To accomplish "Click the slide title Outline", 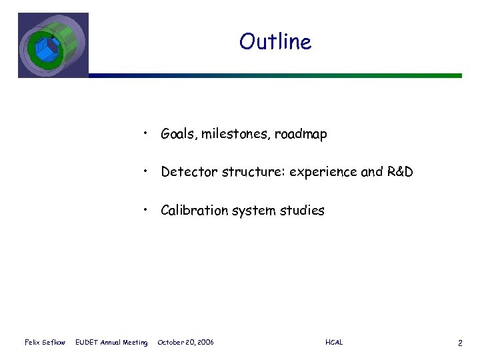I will click(x=275, y=42).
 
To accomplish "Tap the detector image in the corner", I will click(x=53, y=45).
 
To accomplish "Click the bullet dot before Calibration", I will click(x=145, y=211).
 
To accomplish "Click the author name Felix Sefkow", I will click(x=45, y=343).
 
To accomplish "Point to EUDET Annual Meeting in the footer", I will click(x=111, y=343).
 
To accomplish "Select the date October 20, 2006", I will click(x=185, y=343).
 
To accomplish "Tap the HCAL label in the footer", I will click(x=334, y=343).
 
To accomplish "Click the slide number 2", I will click(x=460, y=343).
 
